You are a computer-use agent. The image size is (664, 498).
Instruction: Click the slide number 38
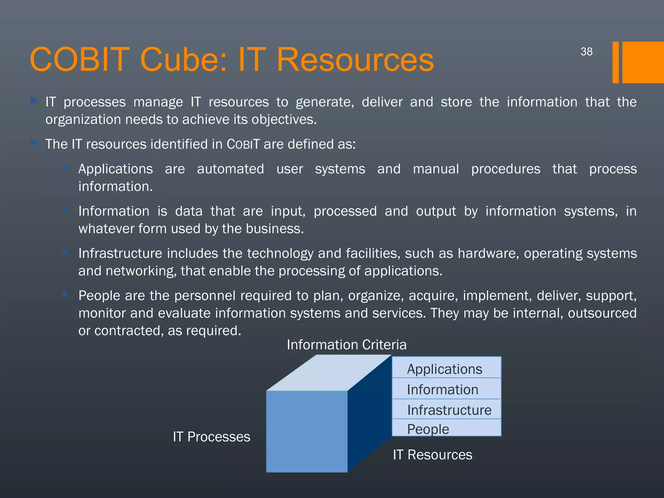point(586,52)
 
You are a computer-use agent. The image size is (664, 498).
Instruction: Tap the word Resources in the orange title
point(355,60)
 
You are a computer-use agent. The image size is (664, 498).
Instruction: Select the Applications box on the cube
point(446,368)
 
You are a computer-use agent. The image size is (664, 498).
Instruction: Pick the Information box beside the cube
point(446,389)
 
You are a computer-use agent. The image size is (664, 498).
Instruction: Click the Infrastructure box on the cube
point(447,409)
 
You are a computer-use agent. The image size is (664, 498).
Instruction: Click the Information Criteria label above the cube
point(346,345)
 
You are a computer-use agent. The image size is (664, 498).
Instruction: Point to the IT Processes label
point(211,437)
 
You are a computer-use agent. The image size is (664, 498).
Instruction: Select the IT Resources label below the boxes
point(433,455)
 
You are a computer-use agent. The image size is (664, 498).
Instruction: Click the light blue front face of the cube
point(306,431)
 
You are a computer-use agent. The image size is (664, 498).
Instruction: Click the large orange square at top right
point(643,62)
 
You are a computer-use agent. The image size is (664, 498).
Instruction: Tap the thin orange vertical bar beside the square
point(615,62)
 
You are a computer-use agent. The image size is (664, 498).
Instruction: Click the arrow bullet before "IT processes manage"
point(34,101)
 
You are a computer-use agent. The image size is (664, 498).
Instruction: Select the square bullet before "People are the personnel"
point(65,294)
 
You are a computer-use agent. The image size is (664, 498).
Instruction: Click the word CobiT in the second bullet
point(243,144)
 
